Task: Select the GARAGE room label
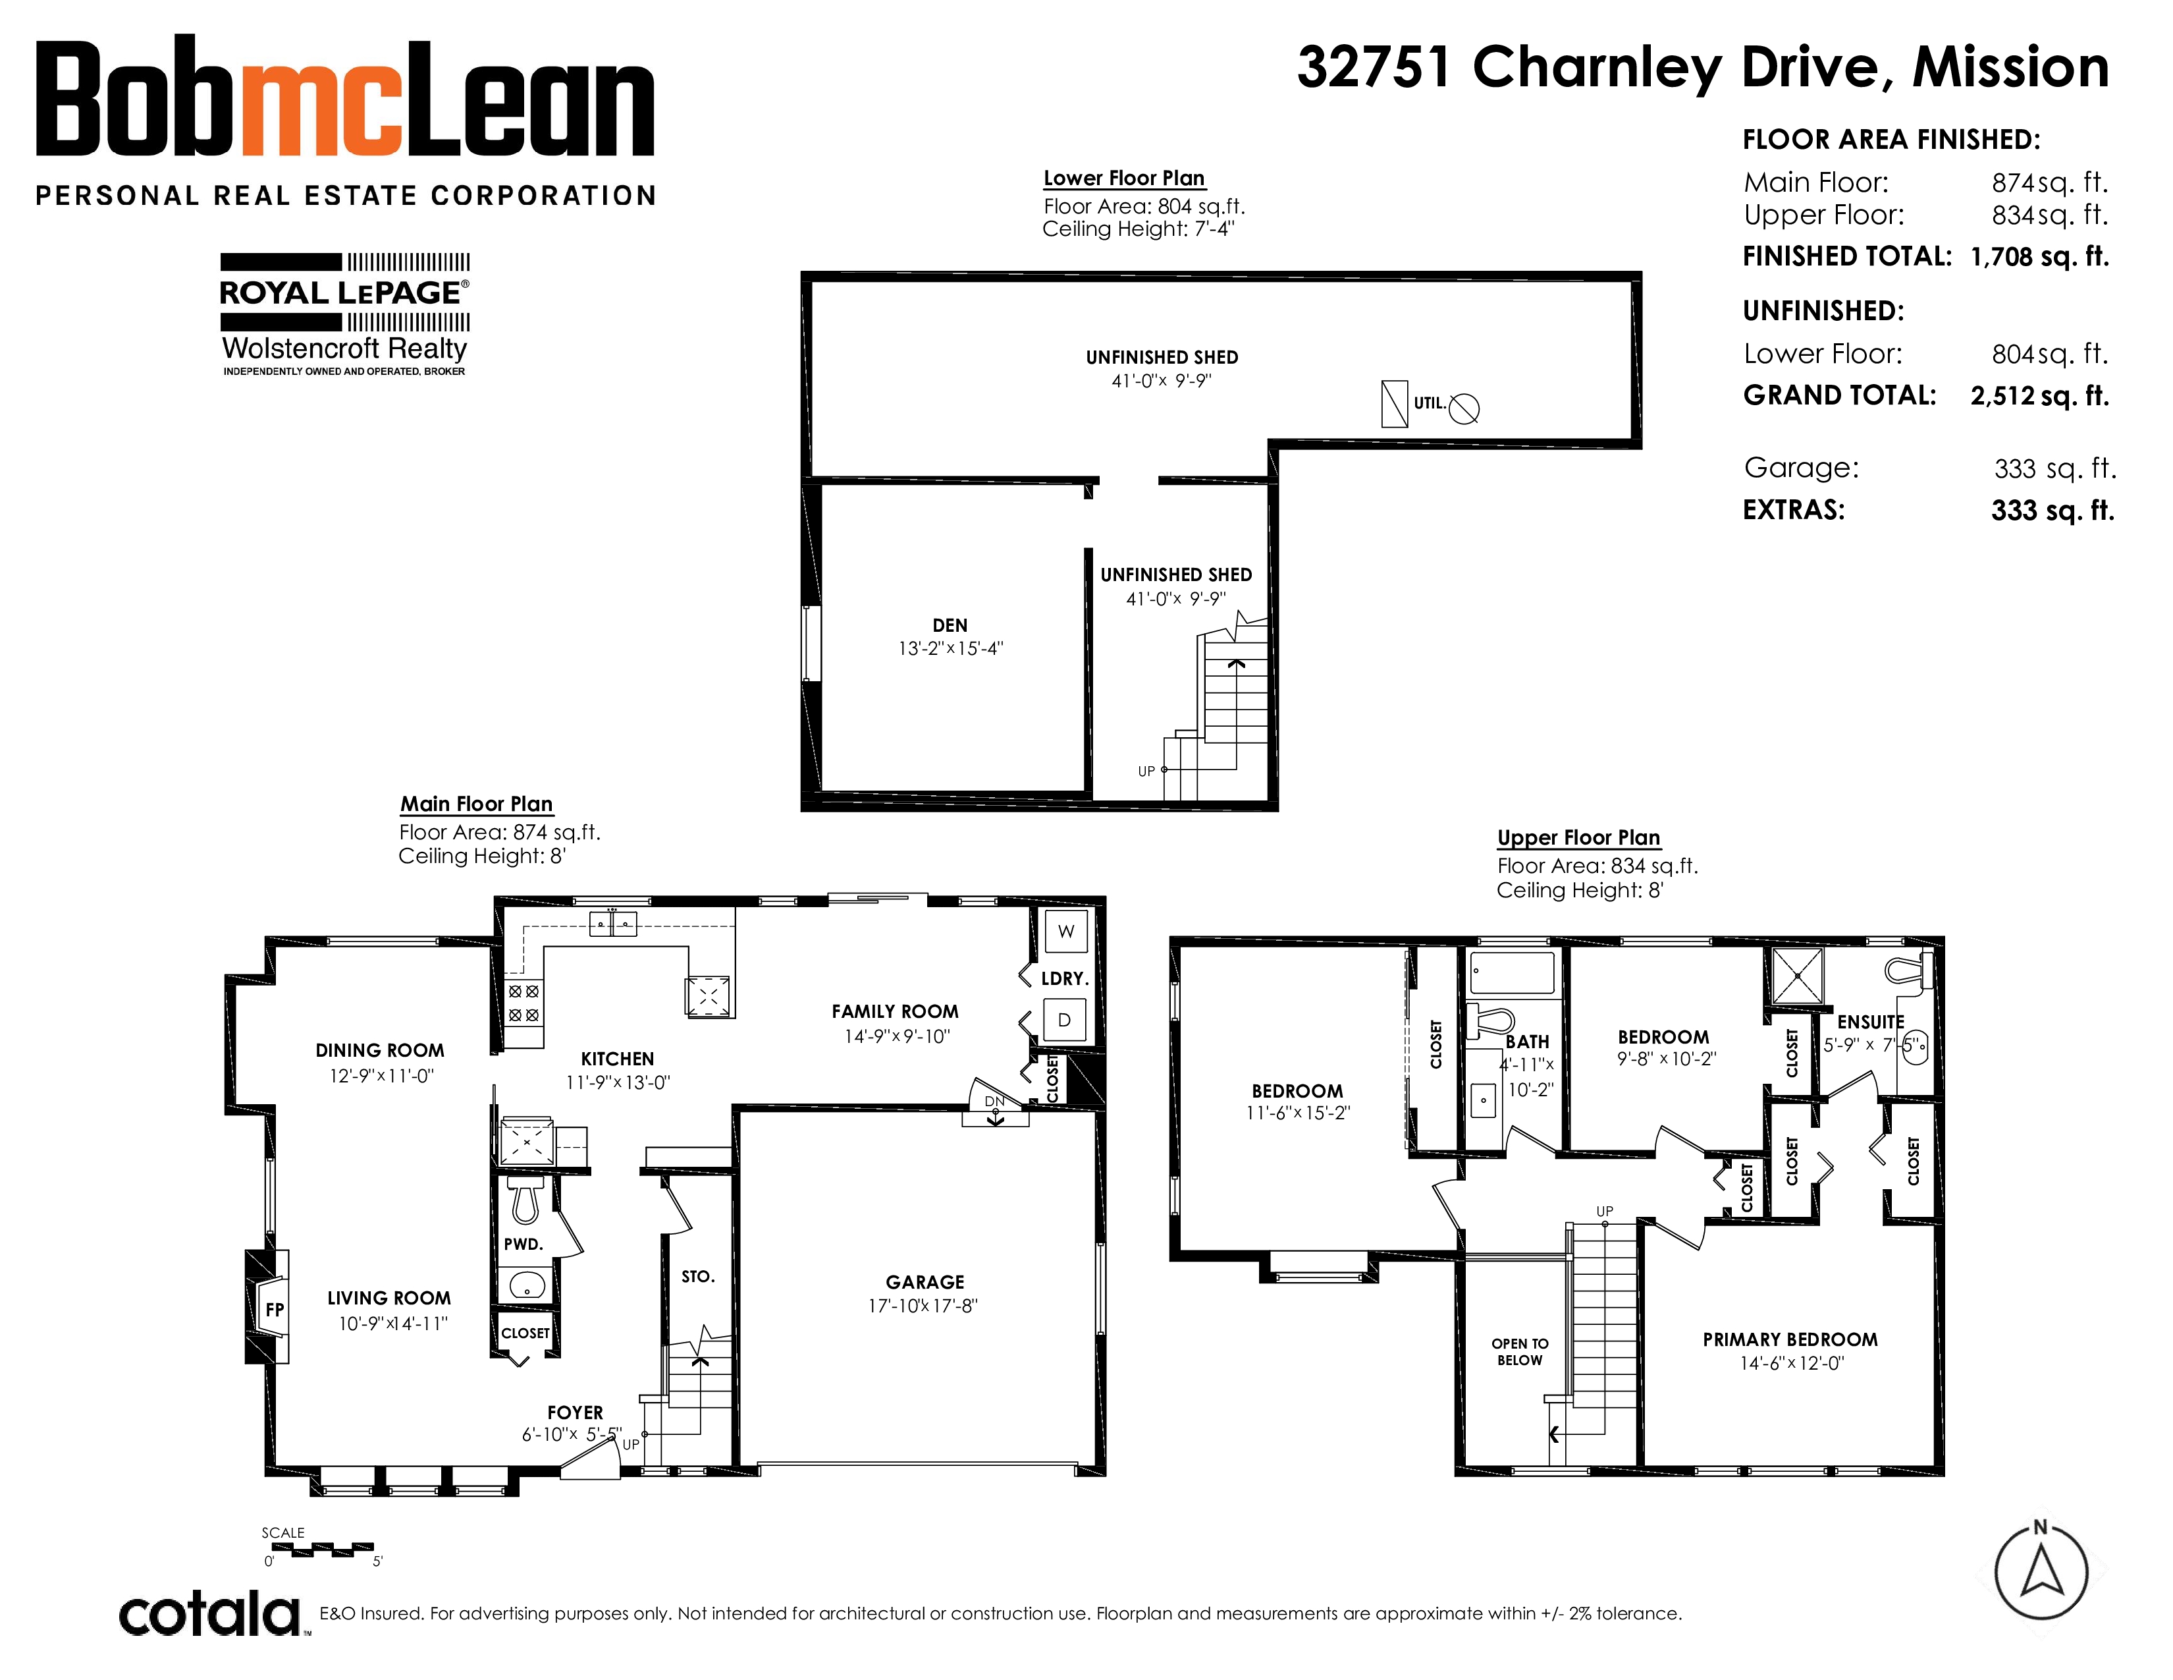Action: coord(925,1282)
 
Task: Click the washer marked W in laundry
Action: coord(1065,932)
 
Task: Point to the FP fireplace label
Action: coord(275,1310)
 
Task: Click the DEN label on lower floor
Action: coord(950,625)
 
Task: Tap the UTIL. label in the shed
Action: coord(1430,403)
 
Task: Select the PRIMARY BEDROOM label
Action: coord(1790,1339)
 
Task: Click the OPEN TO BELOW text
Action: coord(1519,1351)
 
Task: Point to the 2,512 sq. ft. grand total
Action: coord(2039,395)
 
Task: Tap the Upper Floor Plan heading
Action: coord(1579,837)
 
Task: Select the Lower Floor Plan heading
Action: coord(1124,178)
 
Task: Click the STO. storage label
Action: coord(697,1277)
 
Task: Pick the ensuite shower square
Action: coord(1797,974)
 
